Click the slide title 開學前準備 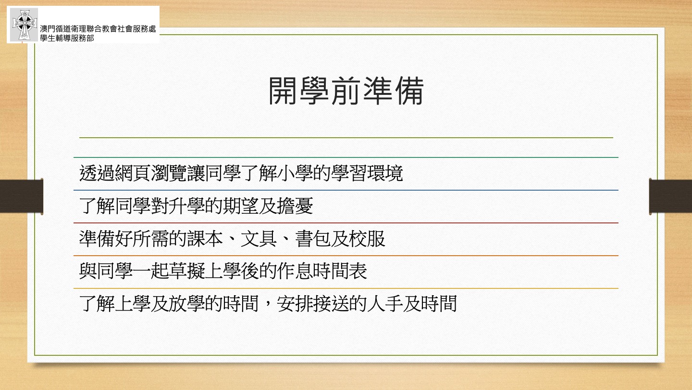346,91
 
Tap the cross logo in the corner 24,25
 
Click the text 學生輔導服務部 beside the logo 67,38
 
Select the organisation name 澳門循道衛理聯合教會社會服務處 98,29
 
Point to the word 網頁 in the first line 133,173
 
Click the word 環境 385,173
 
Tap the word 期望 241,206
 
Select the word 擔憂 295,206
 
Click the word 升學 187,206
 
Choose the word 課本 205,239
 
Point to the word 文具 259,239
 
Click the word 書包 313,239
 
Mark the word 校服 367,239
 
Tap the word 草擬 187,272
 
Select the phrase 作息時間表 322,272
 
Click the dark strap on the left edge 21,196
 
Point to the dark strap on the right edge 670,196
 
